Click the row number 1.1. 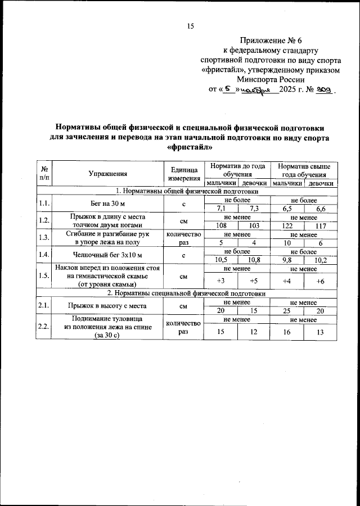pyautogui.click(x=44, y=204)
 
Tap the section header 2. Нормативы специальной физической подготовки pyautogui.click(x=187, y=293)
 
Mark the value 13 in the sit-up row pyautogui.click(x=321, y=332)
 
